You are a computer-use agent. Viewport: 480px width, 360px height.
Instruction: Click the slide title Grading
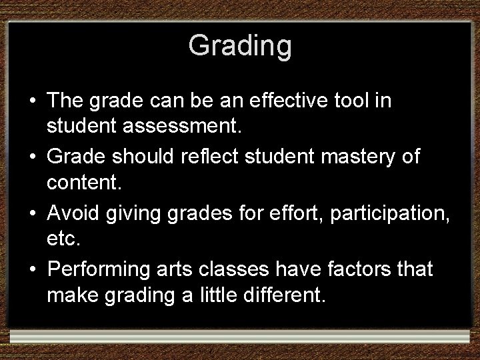pos(240,46)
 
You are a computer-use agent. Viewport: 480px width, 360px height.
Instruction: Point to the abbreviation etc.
pos(64,237)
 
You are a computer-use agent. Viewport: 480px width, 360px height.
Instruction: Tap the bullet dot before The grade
pos(32,102)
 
